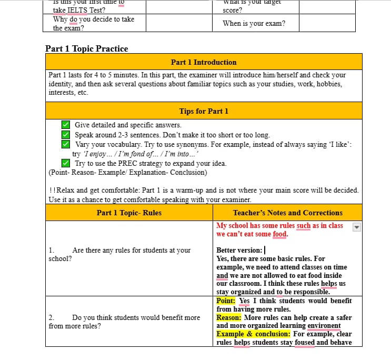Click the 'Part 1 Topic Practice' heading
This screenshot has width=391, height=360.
pyautogui.click(x=86, y=48)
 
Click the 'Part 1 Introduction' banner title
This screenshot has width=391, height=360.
pyautogui.click(x=204, y=62)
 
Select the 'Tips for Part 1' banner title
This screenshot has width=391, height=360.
pyautogui.click(x=204, y=111)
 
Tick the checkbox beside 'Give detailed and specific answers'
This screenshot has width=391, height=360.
pyautogui.click(x=66, y=125)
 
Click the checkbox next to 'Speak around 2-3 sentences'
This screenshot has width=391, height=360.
pyautogui.click(x=66, y=135)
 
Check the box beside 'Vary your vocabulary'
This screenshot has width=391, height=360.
pyautogui.click(x=66, y=144)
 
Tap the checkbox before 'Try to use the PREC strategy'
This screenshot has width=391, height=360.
pyautogui.click(x=66, y=163)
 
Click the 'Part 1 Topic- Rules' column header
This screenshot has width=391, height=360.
pyautogui.click(x=129, y=213)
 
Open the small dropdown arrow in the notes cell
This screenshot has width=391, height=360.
pyautogui.click(x=356, y=227)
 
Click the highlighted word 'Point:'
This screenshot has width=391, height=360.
pyautogui.click(x=226, y=301)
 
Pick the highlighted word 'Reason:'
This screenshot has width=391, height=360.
pyautogui.click(x=229, y=317)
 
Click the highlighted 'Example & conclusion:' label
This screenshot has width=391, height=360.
pyautogui.click(x=253, y=334)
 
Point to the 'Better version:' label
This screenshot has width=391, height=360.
pyautogui.click(x=239, y=250)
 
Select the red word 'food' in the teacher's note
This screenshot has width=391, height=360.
pyautogui.click(x=280, y=234)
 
